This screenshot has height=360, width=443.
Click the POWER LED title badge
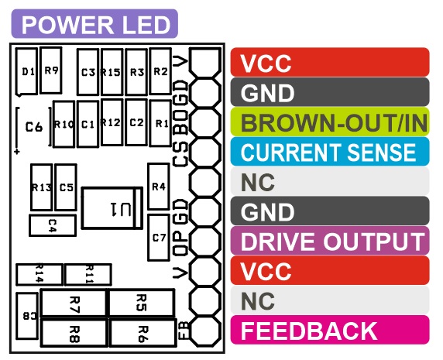point(94,24)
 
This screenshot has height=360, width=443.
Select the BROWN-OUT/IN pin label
point(330,122)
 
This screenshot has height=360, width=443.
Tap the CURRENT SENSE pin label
point(330,152)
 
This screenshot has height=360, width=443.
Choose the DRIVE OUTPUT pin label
point(330,241)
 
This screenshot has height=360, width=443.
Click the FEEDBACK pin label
point(330,330)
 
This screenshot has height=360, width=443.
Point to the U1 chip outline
point(112,207)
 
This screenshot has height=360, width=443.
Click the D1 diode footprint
point(27,72)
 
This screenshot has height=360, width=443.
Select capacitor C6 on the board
point(34,126)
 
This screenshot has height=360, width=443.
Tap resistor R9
point(51,70)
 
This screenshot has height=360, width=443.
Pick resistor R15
point(112,72)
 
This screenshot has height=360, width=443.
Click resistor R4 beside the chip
point(159,187)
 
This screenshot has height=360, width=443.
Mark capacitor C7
point(159,238)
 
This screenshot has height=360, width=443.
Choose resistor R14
point(39,274)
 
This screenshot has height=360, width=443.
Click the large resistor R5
point(142,303)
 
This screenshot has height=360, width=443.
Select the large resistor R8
point(74,333)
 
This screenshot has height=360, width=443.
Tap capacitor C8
point(27,316)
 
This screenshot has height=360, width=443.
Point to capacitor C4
point(53,225)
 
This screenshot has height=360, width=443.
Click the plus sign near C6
point(17,152)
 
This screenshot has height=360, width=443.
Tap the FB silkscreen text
point(184,331)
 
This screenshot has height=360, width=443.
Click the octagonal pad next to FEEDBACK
point(205,331)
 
